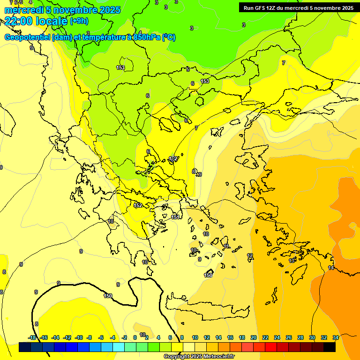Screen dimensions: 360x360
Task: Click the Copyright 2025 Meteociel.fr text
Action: click(x=199, y=357)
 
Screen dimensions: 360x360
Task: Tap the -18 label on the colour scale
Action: click(x=32, y=337)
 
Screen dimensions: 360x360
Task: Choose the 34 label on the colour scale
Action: click(x=336, y=337)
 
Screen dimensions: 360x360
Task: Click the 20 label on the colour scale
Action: click(x=254, y=337)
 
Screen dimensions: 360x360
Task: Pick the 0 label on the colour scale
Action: click(x=135, y=337)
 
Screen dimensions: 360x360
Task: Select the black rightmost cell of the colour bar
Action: click(x=330, y=347)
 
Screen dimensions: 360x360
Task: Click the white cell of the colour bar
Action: click(x=189, y=347)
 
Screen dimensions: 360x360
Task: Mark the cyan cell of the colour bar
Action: click(x=119, y=347)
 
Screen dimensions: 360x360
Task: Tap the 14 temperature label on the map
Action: click(x=331, y=268)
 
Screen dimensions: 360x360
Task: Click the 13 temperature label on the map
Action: click(x=292, y=261)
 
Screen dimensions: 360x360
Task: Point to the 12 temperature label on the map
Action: click(x=250, y=255)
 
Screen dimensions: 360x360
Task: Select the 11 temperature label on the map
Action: click(x=226, y=246)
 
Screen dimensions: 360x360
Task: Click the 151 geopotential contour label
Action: click(x=175, y=217)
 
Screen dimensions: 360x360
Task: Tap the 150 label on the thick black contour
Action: click(x=108, y=296)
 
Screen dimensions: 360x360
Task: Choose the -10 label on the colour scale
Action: click(x=79, y=337)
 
